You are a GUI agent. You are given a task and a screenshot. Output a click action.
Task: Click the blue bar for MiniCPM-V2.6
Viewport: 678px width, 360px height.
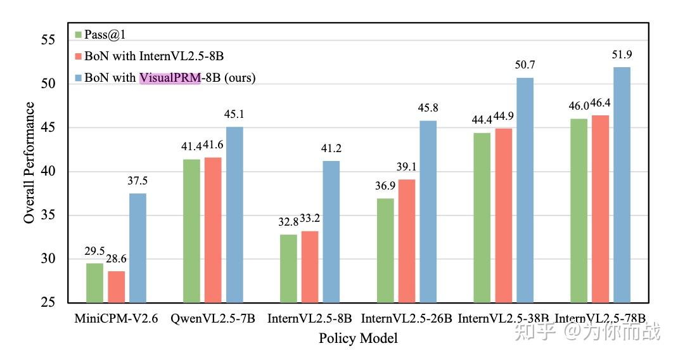tap(138, 248)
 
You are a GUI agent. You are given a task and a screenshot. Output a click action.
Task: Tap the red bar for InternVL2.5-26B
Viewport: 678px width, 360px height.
tap(407, 241)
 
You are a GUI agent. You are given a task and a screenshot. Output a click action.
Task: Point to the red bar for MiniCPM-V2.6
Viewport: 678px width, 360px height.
tap(116, 286)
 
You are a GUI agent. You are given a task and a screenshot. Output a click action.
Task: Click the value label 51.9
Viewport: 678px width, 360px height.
tap(622, 55)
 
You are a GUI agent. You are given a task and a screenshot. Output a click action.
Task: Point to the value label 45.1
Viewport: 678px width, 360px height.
tap(234, 115)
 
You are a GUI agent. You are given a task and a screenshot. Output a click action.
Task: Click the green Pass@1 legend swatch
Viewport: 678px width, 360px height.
tap(79, 34)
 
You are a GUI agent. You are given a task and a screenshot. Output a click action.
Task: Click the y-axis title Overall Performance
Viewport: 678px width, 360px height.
tap(29, 163)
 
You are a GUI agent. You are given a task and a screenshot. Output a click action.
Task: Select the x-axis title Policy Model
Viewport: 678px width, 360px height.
tap(358, 338)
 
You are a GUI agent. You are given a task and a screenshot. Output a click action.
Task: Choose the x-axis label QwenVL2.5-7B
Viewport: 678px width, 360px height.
tap(212, 318)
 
